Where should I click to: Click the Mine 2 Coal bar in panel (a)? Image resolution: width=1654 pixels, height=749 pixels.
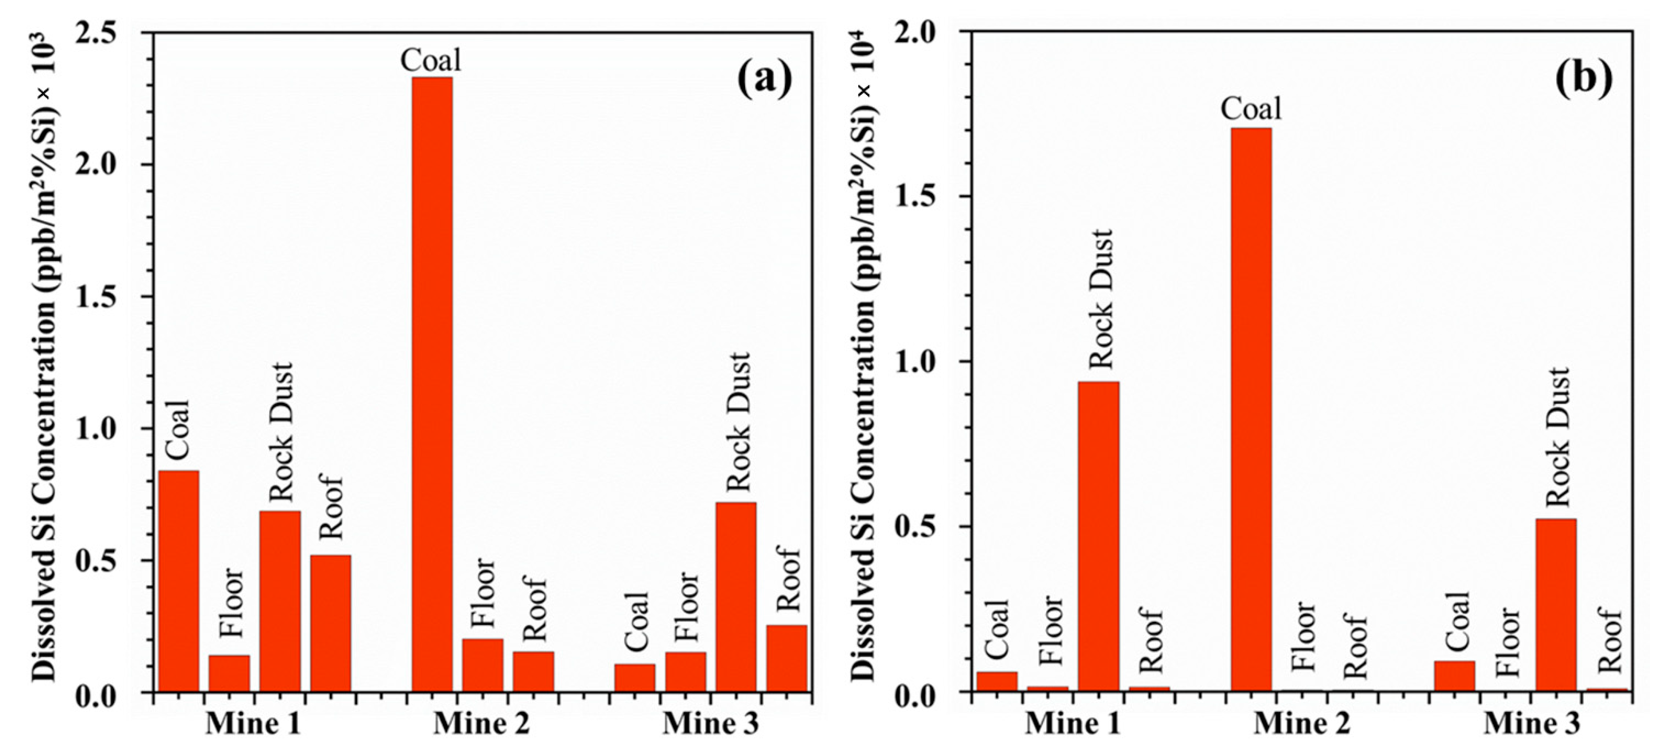pyautogui.click(x=432, y=385)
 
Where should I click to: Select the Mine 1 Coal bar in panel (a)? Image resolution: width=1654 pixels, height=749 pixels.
pyautogui.click(x=179, y=581)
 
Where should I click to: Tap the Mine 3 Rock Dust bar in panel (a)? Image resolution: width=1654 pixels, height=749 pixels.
pyautogui.click(x=736, y=597)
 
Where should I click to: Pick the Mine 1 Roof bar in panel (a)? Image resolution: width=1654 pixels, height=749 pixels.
pyautogui.click(x=331, y=623)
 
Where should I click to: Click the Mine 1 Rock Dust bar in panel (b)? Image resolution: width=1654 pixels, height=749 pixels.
pyautogui.click(x=1099, y=536)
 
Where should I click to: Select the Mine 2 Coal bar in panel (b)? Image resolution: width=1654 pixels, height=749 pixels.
pyautogui.click(x=1251, y=411)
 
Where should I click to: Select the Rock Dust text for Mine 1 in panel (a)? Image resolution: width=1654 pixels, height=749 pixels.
pyautogui.click(x=280, y=431)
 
